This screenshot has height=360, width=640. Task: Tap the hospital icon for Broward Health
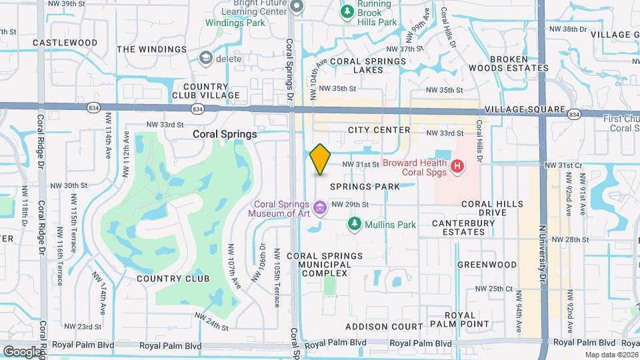click(x=457, y=166)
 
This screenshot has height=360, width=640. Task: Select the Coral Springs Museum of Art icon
click(x=320, y=209)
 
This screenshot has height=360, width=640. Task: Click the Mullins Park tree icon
click(x=354, y=224)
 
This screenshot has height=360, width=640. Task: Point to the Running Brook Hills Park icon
click(x=347, y=11)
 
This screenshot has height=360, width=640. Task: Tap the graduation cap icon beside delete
click(x=206, y=59)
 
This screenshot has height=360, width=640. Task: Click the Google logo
click(x=22, y=351)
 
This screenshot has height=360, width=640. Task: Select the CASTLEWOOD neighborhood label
click(x=65, y=43)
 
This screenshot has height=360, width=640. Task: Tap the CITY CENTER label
click(x=378, y=130)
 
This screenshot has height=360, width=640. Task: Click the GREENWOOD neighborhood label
click(x=487, y=265)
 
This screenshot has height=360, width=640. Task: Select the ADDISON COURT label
click(x=384, y=327)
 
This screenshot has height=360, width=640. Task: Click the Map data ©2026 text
click(x=612, y=355)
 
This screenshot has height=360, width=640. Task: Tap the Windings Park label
click(x=235, y=23)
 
